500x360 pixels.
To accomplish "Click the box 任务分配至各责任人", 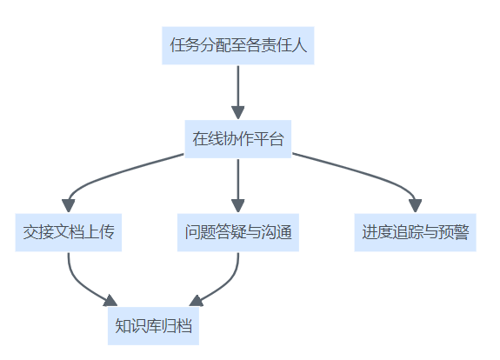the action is point(238,45).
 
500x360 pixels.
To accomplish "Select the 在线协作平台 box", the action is point(238,139).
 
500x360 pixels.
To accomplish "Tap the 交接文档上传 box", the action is point(69,232).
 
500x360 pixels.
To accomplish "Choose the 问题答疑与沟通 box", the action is point(238,232).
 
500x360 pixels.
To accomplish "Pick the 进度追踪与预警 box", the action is point(415,232).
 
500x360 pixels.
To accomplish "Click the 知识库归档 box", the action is point(153,326).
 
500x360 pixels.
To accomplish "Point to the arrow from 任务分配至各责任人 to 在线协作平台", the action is point(238,92).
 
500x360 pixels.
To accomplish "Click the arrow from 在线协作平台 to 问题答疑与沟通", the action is point(238,186).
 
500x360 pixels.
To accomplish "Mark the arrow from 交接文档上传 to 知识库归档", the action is point(81,283).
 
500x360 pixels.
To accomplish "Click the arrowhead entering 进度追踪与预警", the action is point(415,206).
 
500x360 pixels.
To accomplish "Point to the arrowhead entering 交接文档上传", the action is point(69,206).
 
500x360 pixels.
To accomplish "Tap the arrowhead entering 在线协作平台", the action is point(238,113).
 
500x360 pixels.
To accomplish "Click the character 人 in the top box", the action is point(300,45).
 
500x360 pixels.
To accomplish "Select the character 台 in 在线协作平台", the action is point(277,139).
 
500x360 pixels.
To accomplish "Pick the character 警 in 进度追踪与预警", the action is point(462,232).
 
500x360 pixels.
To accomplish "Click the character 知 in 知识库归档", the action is point(123,325).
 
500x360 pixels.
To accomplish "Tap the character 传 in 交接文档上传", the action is point(106,232).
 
